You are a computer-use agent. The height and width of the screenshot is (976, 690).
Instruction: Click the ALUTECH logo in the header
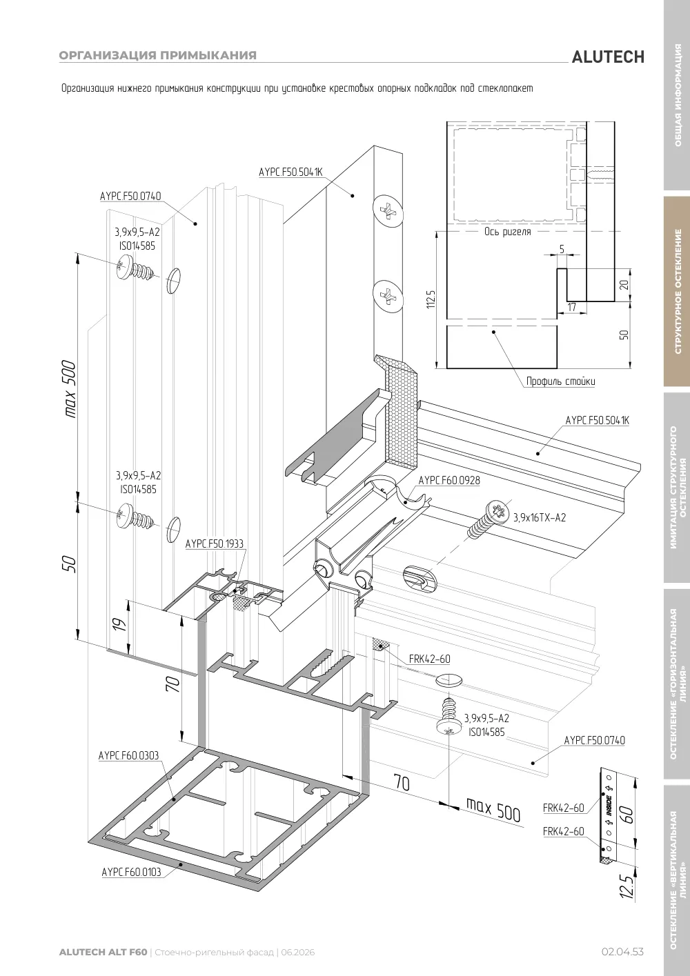[608, 57]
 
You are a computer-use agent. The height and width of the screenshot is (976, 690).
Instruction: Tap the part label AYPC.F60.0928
[449, 480]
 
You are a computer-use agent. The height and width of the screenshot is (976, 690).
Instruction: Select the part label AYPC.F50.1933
[215, 544]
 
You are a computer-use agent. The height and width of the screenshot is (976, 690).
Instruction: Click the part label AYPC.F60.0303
[128, 755]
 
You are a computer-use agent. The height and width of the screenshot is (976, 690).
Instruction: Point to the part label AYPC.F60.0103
[131, 872]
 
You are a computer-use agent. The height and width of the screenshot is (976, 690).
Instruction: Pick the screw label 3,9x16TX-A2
[540, 517]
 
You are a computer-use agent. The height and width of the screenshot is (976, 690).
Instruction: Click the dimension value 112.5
[431, 299]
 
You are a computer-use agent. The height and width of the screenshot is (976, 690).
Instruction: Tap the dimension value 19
[119, 624]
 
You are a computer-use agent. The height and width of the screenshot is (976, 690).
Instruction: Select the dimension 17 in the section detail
[571, 307]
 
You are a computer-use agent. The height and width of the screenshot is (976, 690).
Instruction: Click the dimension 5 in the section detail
[562, 249]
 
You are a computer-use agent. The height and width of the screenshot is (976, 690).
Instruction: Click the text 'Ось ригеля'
[507, 231]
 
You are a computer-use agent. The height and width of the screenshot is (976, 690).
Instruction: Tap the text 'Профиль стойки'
[560, 381]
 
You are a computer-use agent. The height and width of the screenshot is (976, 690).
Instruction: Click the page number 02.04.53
[622, 952]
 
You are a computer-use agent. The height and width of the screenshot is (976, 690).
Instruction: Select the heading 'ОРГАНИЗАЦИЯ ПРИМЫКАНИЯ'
[158, 55]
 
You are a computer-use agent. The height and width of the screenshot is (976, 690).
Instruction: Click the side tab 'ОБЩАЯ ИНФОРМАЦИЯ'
[678, 95]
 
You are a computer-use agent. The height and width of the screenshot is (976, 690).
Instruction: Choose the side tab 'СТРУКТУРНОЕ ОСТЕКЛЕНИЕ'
[678, 291]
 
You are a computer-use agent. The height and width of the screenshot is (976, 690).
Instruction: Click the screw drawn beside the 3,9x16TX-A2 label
[489, 519]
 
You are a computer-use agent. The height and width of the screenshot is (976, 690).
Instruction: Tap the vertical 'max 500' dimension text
[70, 388]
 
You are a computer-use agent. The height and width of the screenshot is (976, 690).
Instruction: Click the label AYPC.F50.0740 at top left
[130, 196]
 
